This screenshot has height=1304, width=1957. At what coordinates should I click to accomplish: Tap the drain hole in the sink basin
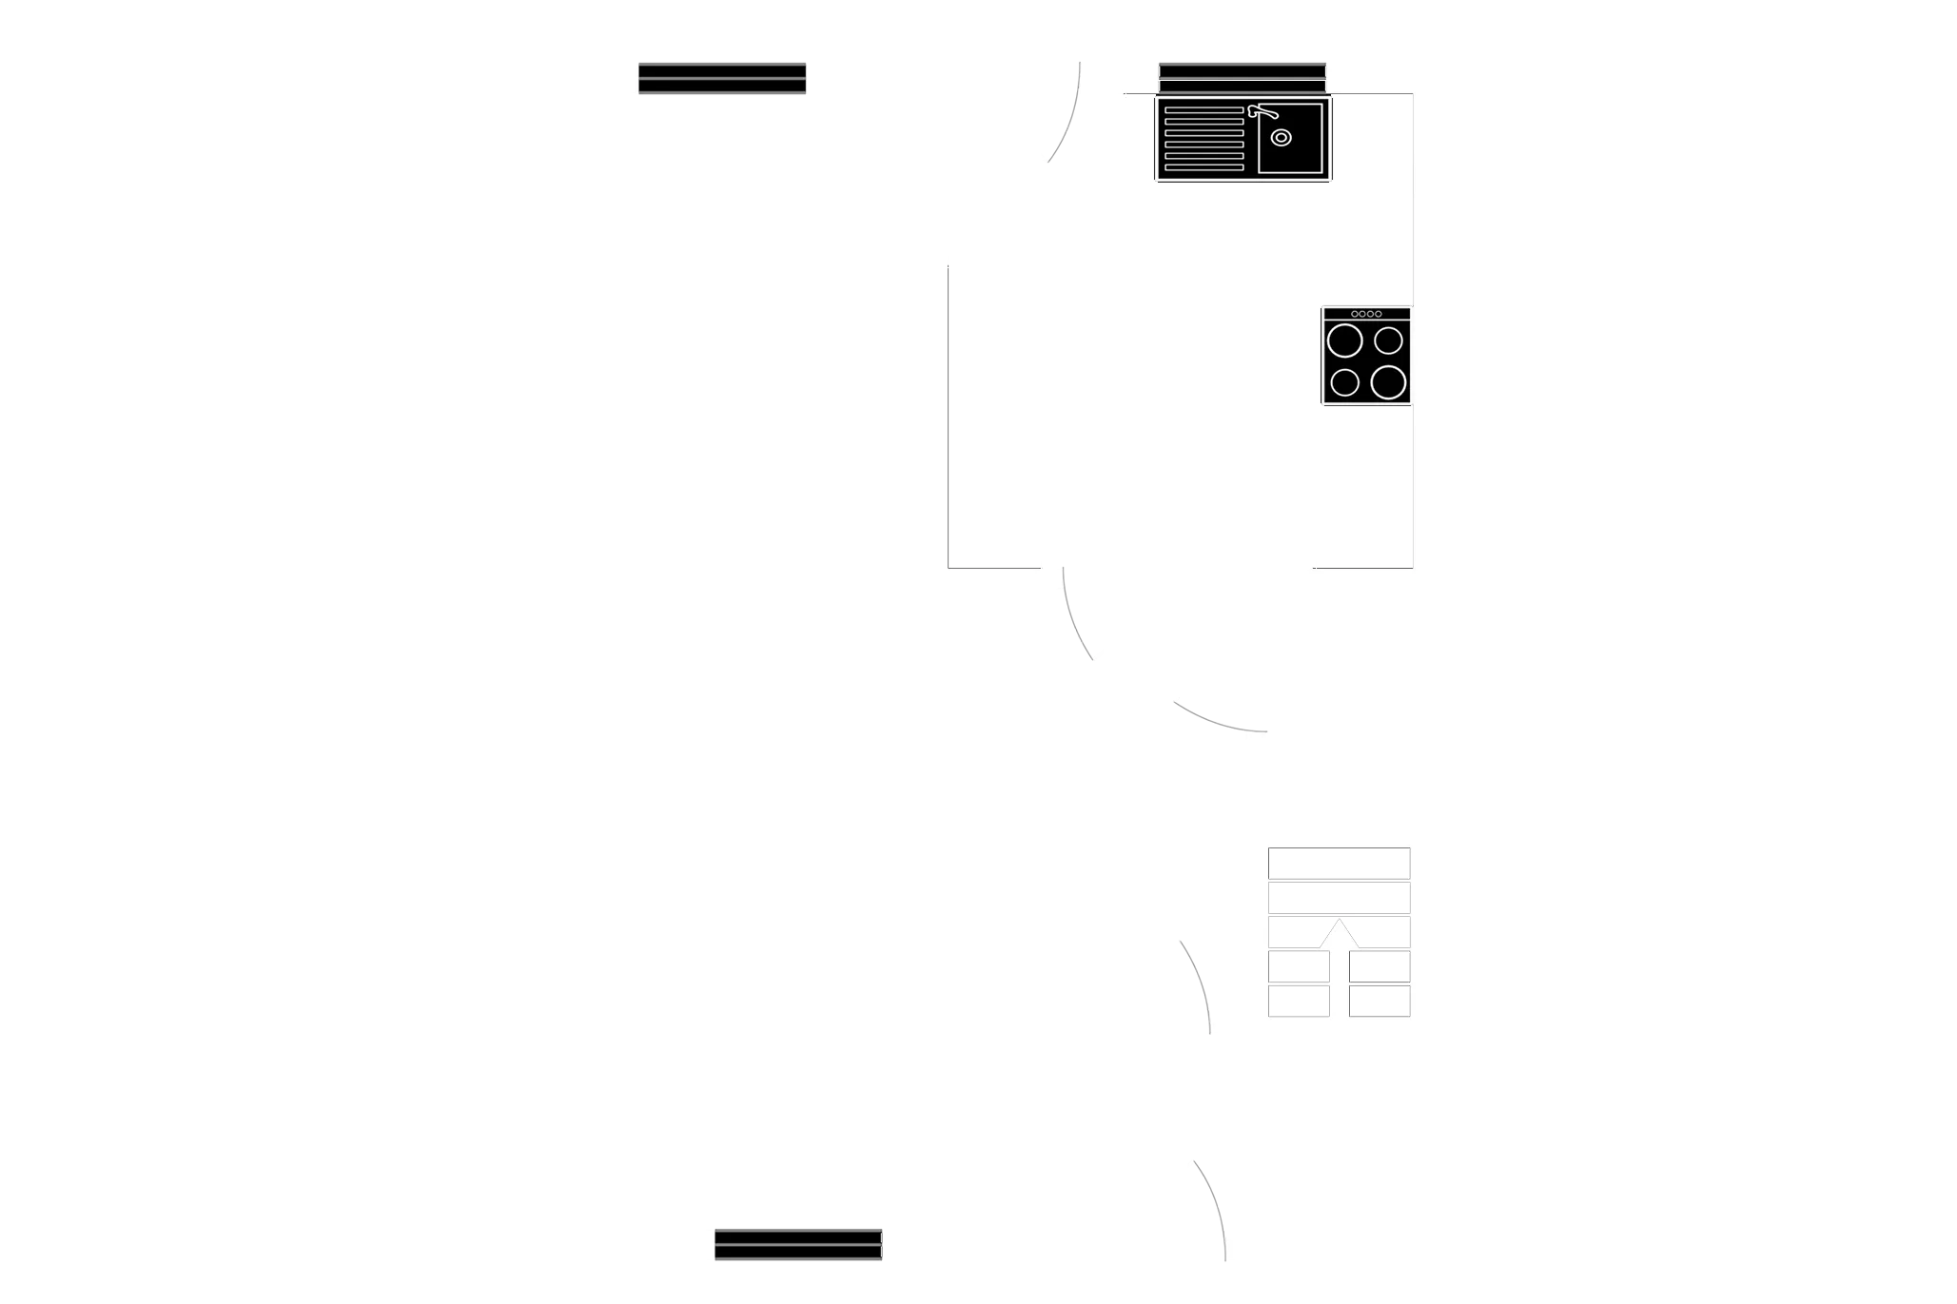1282,138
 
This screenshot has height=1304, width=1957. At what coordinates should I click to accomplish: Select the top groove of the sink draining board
1204,110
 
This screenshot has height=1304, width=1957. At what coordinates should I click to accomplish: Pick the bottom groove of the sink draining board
1204,167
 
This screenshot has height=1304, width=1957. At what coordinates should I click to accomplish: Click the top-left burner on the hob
1345,340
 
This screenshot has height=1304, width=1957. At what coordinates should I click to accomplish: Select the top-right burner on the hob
1389,340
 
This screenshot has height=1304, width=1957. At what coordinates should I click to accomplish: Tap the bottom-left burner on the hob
1344,382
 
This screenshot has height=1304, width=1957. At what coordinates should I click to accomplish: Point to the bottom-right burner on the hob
1388,382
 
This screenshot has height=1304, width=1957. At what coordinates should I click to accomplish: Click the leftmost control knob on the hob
1355,314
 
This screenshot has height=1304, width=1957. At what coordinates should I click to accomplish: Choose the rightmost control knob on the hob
1378,314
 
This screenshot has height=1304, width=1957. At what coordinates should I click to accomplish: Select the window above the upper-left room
722,79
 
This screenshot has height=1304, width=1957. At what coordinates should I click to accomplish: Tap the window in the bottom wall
798,1244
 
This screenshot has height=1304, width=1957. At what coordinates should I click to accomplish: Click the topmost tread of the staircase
1339,863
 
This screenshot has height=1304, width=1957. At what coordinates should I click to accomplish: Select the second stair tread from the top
1339,897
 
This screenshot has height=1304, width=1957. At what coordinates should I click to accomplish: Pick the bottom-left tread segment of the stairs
1299,1001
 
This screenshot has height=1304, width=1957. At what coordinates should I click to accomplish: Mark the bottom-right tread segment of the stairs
1380,1001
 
